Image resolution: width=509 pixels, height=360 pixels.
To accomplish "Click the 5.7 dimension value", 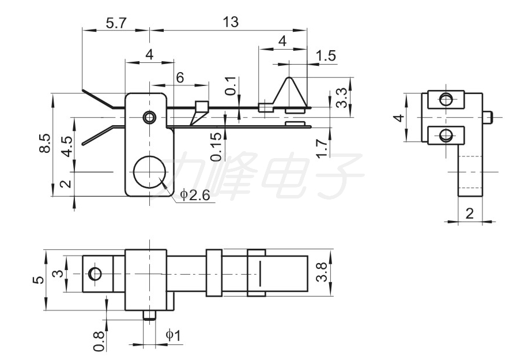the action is (115, 24).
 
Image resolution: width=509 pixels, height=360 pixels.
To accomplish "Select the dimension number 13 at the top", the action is (231, 22).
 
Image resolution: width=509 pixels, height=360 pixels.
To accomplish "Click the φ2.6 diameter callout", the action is (195, 195).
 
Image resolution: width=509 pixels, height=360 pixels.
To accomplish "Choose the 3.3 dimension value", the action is (341, 98).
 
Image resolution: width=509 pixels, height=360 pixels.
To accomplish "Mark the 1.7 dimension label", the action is (322, 148).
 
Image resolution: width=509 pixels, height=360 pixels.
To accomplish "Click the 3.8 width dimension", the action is (322, 273).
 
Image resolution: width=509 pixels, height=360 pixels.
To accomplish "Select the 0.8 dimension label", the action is (99, 341).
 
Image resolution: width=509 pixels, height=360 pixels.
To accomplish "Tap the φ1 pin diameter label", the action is (173, 335).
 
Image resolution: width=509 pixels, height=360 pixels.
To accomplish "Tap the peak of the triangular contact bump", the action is (289, 77).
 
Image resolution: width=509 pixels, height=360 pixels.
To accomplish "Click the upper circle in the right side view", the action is (446, 99).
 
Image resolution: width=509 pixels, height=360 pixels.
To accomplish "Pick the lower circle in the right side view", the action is (446, 135).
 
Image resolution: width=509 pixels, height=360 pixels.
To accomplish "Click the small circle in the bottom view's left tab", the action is (95, 273).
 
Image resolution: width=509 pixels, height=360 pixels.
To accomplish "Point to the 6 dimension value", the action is (180, 78).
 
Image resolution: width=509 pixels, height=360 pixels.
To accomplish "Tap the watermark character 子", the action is (339, 175).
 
